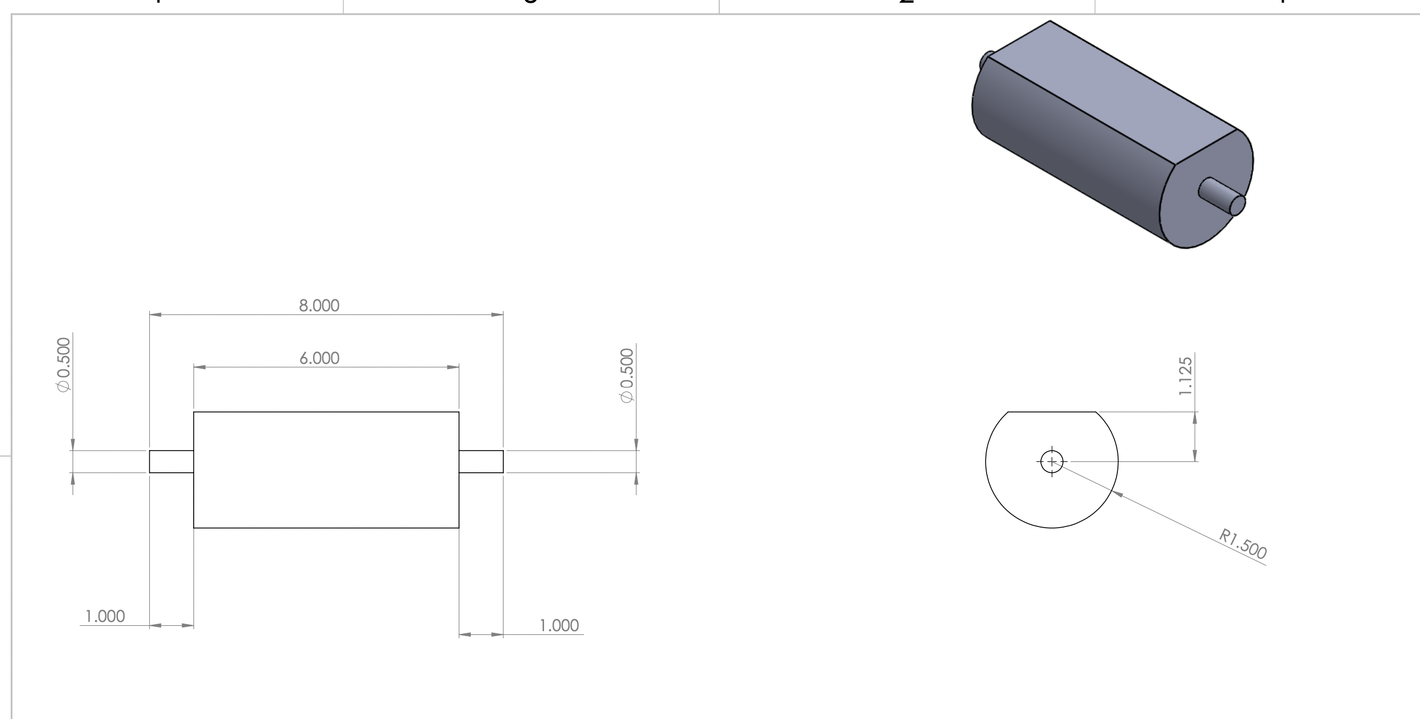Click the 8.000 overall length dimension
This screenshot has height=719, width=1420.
pos(318,306)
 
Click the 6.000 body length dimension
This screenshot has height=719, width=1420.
pos(319,358)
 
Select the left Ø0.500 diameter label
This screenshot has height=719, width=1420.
pos(65,364)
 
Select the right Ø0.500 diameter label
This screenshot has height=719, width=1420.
pos(628,375)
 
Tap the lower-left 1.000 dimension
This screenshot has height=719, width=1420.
pos(105,616)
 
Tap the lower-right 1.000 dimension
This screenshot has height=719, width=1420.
pos(559,625)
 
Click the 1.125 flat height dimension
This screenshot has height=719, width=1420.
pos(1185,376)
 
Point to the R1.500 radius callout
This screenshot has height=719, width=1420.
pos(1243,544)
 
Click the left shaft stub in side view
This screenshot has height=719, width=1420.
pos(171,461)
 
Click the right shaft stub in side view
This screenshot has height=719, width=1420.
pos(481,461)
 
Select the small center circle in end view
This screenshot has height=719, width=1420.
pos(1051,461)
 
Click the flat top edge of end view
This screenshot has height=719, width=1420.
pos(1052,412)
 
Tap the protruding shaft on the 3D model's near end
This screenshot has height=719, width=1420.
pos(1221,197)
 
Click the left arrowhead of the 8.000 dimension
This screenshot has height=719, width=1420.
pos(156,314)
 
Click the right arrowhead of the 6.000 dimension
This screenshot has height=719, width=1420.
pos(452,367)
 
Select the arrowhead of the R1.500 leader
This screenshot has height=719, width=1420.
pos(1118,493)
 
